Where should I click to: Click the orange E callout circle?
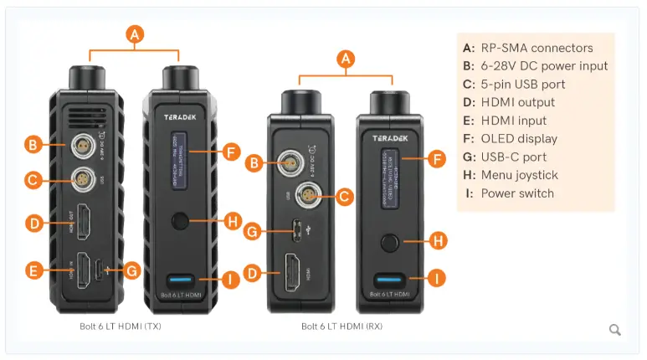(32, 270)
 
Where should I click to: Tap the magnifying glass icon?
(615, 330)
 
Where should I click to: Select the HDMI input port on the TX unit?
(85, 270)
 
